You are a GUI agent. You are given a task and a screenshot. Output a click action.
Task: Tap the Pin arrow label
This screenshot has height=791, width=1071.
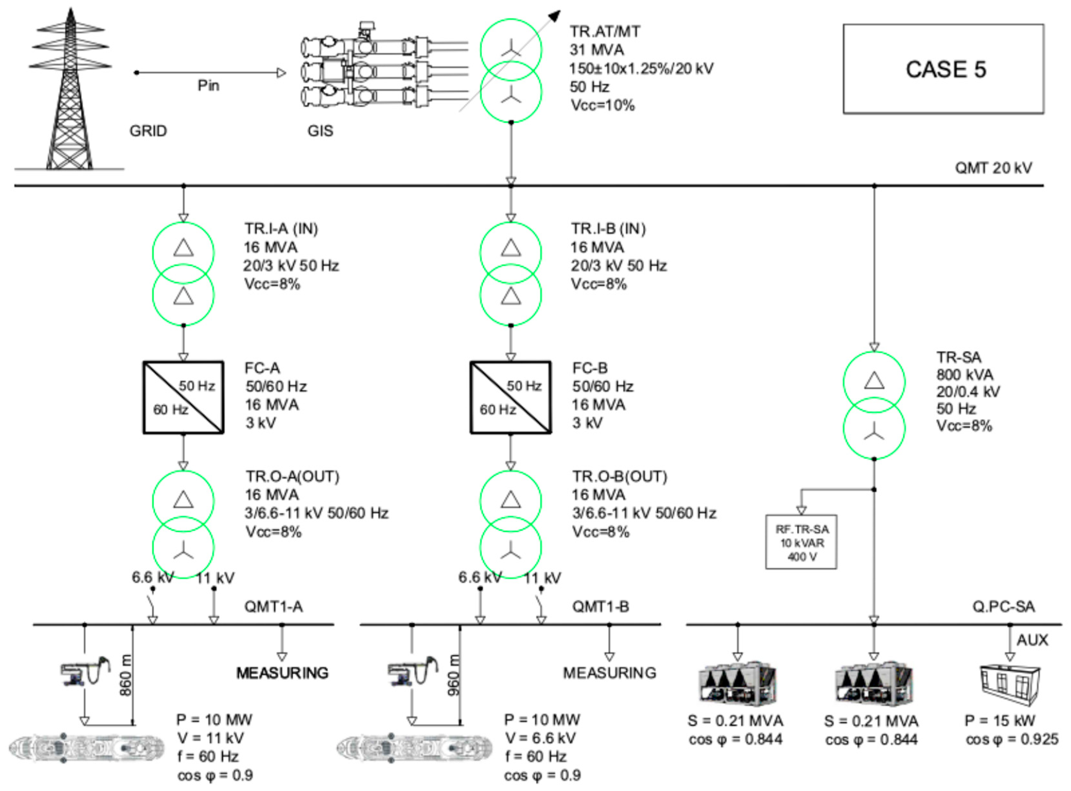208,86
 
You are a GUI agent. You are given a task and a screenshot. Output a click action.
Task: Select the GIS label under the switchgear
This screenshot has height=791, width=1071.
320,131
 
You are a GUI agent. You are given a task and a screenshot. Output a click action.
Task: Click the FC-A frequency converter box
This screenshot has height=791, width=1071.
183,397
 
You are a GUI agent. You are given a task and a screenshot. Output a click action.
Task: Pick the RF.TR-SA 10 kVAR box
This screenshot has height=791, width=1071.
801,542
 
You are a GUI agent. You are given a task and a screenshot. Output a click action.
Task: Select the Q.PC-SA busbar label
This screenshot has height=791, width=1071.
1003,607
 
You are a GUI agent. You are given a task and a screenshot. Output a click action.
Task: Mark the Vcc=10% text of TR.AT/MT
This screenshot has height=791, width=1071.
603,105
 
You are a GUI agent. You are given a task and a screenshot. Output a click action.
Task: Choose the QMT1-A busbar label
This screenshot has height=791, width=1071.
274,607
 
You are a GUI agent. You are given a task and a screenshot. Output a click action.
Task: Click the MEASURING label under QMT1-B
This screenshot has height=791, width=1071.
609,673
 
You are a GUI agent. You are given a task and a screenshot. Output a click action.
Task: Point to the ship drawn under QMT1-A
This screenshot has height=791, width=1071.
86,748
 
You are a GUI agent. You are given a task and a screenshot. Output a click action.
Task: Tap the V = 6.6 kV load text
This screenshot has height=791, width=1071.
539,738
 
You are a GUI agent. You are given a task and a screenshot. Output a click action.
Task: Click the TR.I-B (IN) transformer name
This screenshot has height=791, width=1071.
608,229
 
